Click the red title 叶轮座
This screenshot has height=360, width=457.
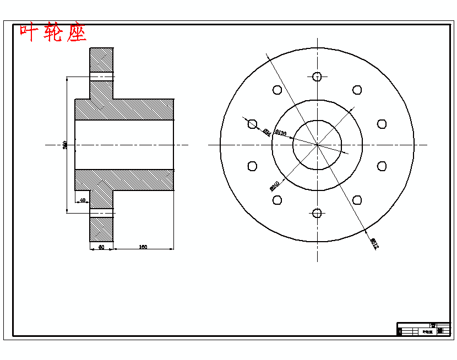tap(53, 33)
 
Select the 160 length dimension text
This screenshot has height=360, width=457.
tap(143, 247)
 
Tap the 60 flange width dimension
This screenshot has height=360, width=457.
tap(101, 248)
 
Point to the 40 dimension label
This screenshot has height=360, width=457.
tap(83, 200)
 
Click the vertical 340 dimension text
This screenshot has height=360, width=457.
tap(65, 145)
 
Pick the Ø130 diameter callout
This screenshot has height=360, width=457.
tap(281, 133)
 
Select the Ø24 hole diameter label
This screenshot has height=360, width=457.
tap(266, 132)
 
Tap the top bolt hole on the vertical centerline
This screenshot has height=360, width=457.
tap(317, 77)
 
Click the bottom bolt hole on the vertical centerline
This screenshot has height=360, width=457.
tap(317, 213)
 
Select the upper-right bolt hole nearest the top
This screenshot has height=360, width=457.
tap(357, 90)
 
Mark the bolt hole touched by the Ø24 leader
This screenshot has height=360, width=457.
tap(253, 124)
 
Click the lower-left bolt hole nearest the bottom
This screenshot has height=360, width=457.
tap(278, 200)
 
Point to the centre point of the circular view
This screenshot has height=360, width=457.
tap(317, 145)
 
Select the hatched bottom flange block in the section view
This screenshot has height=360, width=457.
tap(101, 230)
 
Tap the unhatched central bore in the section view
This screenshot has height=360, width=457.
tap(124, 145)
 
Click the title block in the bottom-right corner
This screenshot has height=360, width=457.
tap(423, 329)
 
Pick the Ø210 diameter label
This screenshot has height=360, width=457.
tap(275, 186)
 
